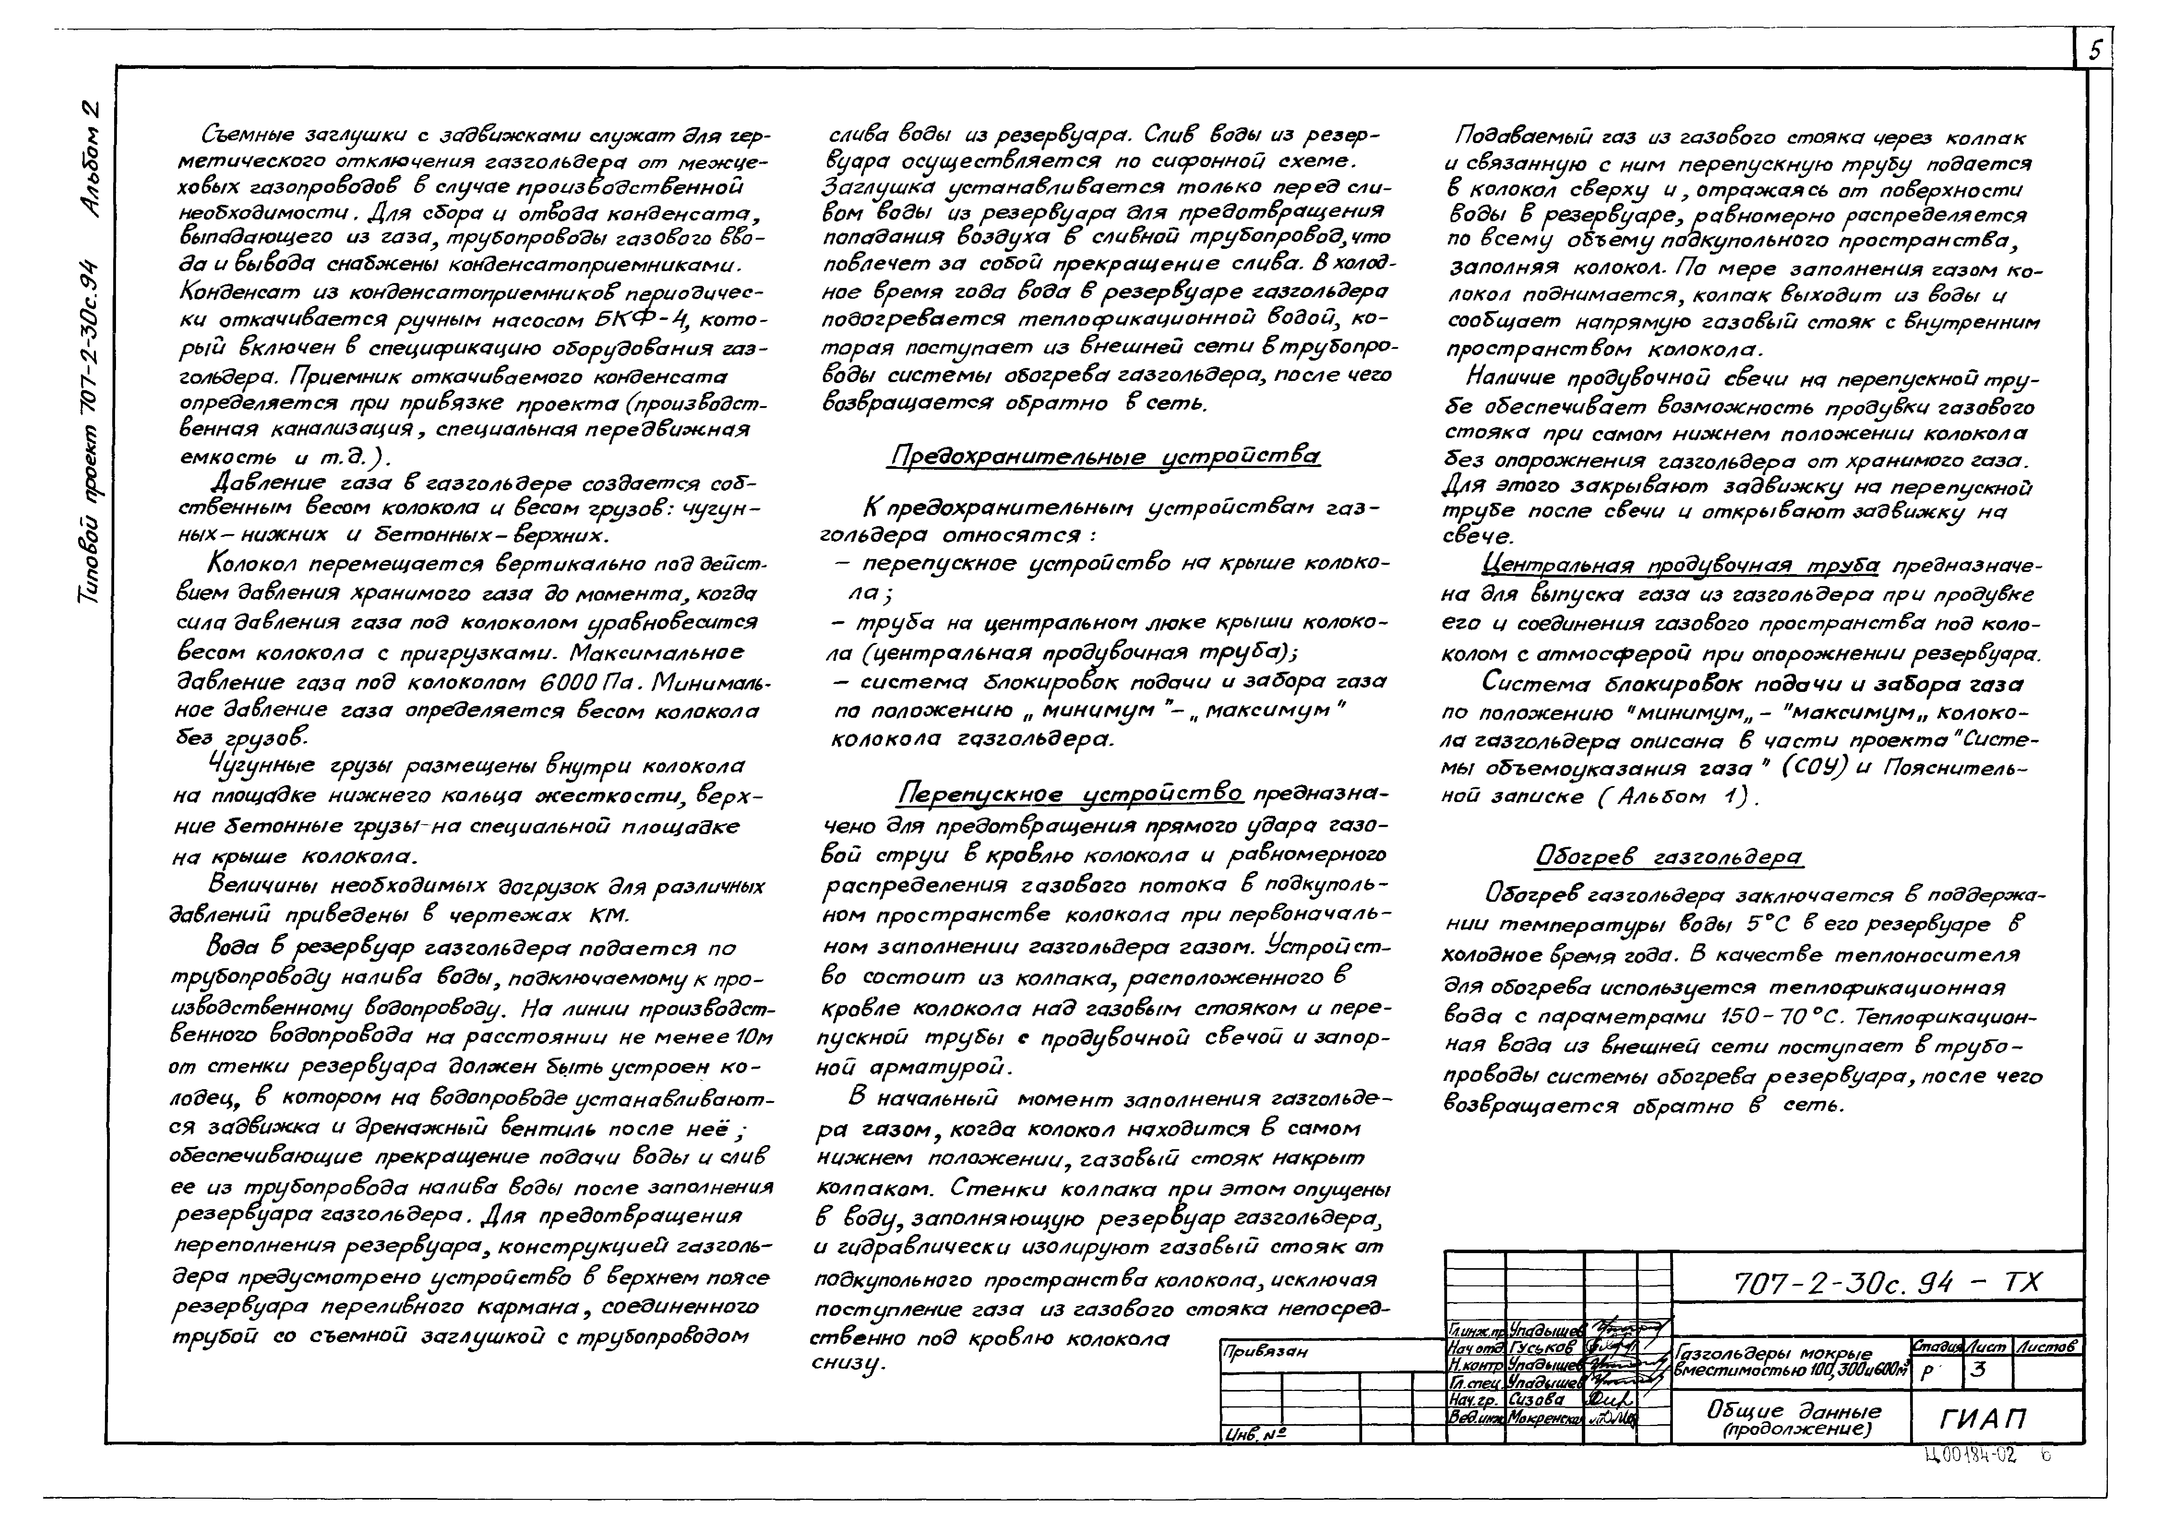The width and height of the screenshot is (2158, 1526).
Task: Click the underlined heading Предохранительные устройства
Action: [1103, 457]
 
